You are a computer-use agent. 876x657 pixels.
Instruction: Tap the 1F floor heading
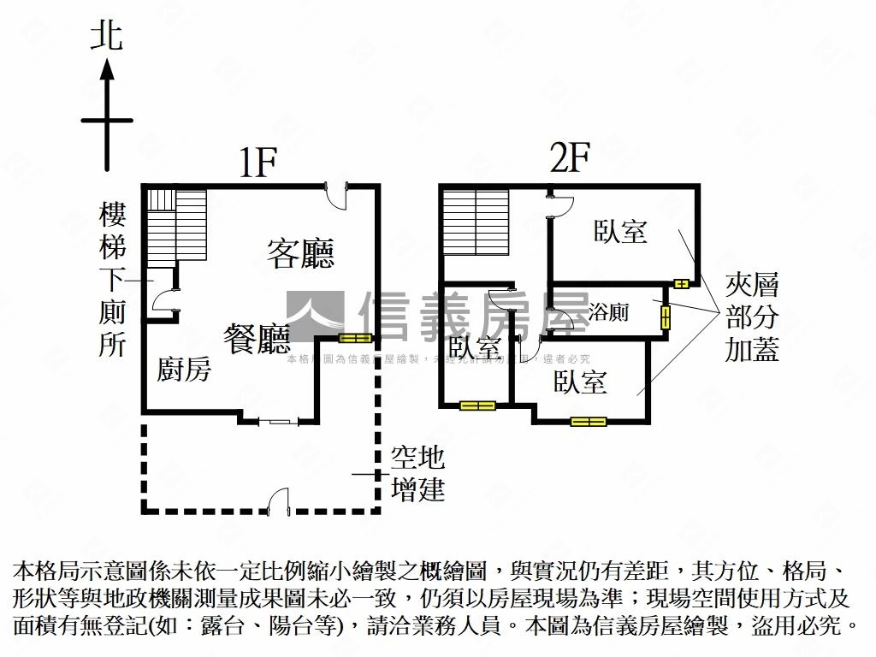[257, 163]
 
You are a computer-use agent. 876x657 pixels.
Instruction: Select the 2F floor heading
[571, 160]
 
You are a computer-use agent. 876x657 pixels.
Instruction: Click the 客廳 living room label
[300, 254]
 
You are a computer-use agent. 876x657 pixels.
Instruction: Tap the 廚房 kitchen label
[184, 370]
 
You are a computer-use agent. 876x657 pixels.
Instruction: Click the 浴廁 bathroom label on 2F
[608, 312]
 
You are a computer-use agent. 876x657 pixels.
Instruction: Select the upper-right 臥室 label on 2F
[620, 232]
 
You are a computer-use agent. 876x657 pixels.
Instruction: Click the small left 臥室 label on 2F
[474, 348]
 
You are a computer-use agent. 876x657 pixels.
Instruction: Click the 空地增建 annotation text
[417, 473]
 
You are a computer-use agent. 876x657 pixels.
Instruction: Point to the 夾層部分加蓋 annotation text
[752, 317]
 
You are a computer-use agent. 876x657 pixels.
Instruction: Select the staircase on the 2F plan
[476, 222]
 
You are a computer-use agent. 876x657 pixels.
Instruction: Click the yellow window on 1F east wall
[355, 338]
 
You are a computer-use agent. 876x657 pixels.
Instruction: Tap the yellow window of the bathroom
[666, 317]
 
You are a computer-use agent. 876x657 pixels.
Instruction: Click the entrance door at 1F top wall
[340, 194]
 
